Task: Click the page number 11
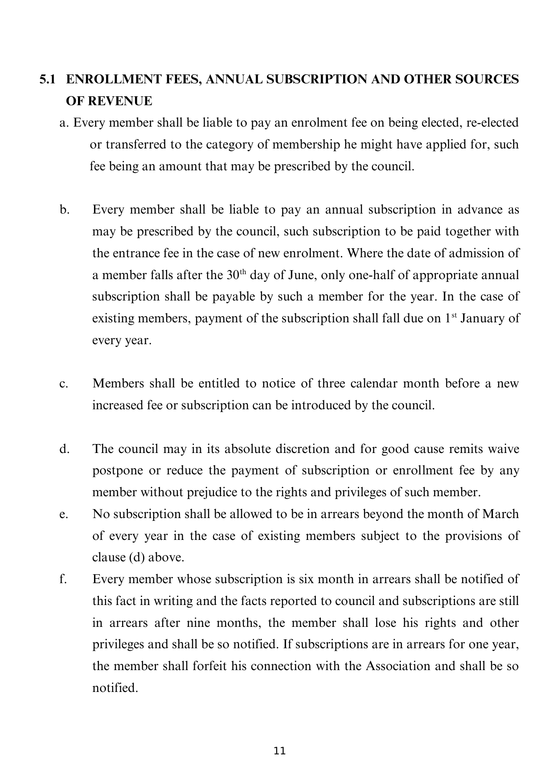click(279, 751)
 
